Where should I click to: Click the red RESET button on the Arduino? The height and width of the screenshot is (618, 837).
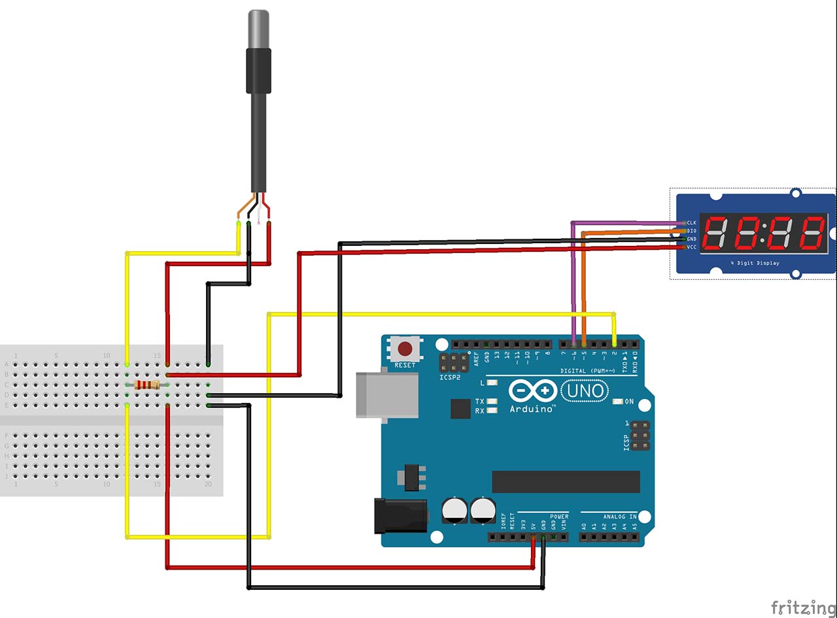405,349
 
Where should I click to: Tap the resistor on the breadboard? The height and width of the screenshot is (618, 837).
146,385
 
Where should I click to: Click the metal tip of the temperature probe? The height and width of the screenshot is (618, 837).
258,29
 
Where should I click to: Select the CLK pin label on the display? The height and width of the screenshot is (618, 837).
691,223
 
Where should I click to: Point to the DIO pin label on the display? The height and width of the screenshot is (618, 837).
691,231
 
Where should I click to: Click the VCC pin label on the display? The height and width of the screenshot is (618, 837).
691,247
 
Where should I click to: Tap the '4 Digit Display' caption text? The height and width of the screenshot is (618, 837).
755,263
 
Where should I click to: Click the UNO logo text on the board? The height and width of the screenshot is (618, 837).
584,392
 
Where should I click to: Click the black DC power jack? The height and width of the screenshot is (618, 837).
400,515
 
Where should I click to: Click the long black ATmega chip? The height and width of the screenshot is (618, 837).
566,481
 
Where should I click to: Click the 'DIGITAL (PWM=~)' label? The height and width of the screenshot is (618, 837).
587,371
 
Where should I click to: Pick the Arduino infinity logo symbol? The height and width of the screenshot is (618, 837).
532,391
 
